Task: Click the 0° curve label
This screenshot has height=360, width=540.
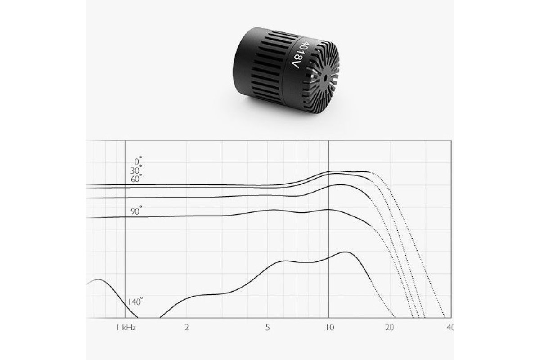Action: pyautogui.click(x=138, y=161)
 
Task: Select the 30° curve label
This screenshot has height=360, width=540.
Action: pyautogui.click(x=136, y=170)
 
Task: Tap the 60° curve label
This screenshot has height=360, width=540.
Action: pyautogui.click(x=136, y=179)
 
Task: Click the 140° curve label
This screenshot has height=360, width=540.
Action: pyautogui.click(x=135, y=301)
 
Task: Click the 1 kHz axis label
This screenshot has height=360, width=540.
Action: pyautogui.click(x=126, y=328)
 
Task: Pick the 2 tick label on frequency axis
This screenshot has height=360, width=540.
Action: pyautogui.click(x=187, y=328)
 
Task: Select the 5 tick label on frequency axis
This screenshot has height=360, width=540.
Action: pyautogui.click(x=267, y=328)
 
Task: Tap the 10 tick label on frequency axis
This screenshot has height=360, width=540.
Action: pyautogui.click(x=330, y=328)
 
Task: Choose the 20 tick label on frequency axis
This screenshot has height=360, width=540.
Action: pyautogui.click(x=390, y=328)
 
